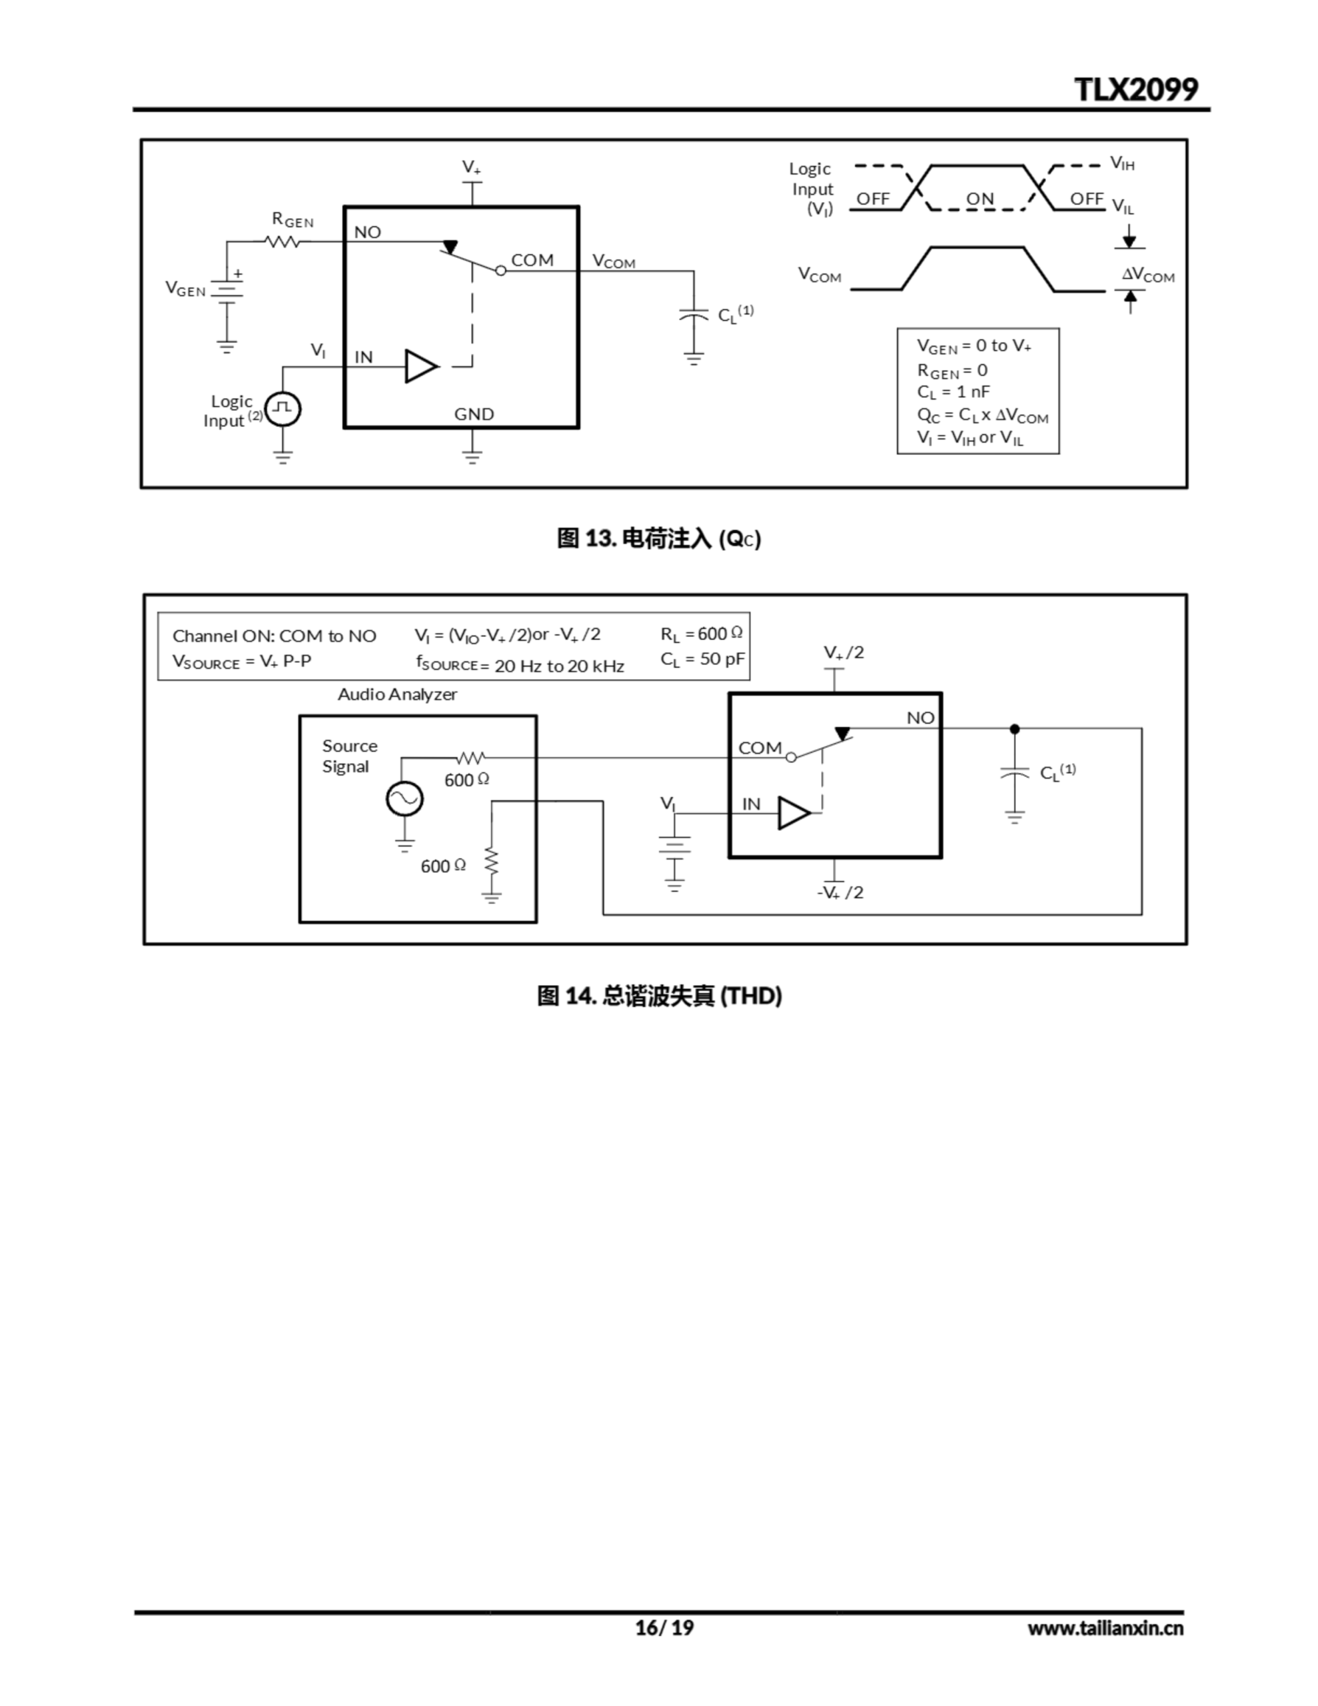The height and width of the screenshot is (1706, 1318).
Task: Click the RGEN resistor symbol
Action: click(x=282, y=242)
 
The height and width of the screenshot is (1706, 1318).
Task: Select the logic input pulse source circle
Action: click(x=283, y=409)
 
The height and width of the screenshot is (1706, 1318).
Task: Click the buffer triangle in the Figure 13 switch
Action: click(x=420, y=366)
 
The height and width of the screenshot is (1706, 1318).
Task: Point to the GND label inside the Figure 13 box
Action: click(x=474, y=414)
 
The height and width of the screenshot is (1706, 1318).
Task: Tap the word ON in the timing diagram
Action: click(x=980, y=199)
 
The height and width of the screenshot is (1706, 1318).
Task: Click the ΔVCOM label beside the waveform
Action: click(x=1147, y=275)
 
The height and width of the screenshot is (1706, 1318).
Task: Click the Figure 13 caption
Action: click(x=658, y=538)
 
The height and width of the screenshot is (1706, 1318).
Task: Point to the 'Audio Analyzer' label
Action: click(x=397, y=694)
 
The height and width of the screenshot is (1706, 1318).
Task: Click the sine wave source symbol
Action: click(x=404, y=798)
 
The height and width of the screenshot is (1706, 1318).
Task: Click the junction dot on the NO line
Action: click(x=1014, y=729)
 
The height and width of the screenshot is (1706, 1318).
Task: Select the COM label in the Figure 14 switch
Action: click(x=760, y=748)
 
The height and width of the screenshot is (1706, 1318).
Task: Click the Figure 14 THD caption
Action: click(x=658, y=996)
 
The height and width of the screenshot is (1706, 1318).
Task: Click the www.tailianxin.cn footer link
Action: click(x=1105, y=1628)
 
